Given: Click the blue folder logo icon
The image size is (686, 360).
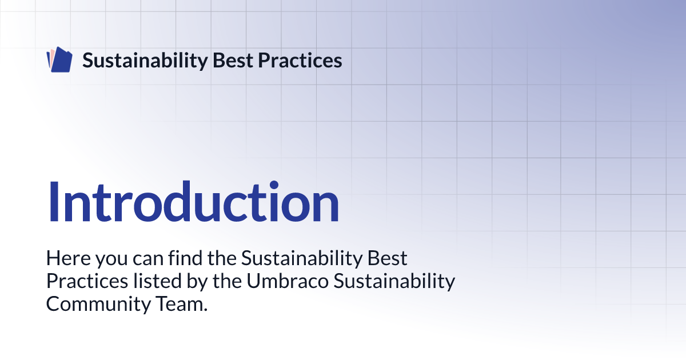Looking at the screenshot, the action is pyautogui.click(x=59, y=59).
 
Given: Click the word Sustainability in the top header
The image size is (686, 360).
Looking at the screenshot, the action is pyautogui.click(x=145, y=61).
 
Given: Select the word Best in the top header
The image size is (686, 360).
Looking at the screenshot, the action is pyautogui.click(x=233, y=61).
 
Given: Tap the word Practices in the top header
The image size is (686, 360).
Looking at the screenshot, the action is pyautogui.click(x=300, y=61).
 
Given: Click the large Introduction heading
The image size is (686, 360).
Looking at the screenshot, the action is pyautogui.click(x=193, y=201).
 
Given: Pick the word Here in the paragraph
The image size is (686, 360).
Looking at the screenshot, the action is pyautogui.click(x=69, y=258).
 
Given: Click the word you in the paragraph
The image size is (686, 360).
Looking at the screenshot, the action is pyautogui.click(x=111, y=260).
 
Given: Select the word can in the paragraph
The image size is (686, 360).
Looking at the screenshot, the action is pyautogui.click(x=148, y=260).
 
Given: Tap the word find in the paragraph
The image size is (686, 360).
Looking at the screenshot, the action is pyautogui.click(x=185, y=258).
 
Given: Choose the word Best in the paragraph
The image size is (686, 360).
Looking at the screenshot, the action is pyautogui.click(x=387, y=258).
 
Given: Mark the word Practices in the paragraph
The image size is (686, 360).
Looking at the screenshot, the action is pyautogui.click(x=87, y=281).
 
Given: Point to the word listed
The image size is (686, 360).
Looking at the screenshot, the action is pyautogui.click(x=157, y=281).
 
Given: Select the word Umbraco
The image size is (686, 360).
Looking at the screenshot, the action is pyautogui.click(x=288, y=281).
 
